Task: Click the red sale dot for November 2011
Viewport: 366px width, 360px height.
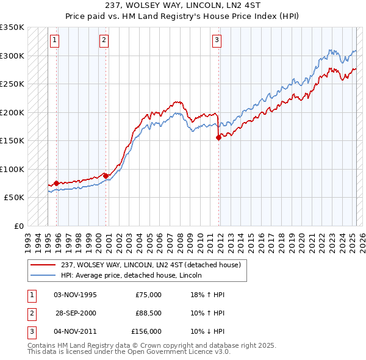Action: click(x=218, y=138)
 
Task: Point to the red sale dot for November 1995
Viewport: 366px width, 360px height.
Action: click(x=57, y=183)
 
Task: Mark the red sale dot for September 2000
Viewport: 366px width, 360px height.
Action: click(x=106, y=176)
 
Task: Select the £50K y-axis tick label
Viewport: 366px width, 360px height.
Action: click(x=14, y=198)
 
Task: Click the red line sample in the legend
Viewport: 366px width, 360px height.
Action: click(x=43, y=265)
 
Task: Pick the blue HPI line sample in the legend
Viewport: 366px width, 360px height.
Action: click(x=43, y=275)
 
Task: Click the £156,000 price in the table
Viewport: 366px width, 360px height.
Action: click(x=146, y=331)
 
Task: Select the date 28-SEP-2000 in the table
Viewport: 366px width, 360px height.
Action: click(x=75, y=313)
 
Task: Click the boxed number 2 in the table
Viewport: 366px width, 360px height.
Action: click(x=30, y=313)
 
